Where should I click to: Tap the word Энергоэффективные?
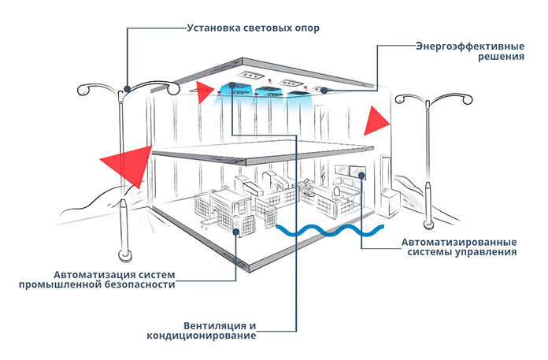[470, 46]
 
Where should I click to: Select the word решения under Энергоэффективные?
[502, 57]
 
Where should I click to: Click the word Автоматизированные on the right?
[459, 242]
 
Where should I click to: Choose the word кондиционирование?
[202, 336]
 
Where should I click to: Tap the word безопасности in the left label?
[140, 284]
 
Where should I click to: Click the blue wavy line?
[330, 230]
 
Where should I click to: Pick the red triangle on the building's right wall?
[376, 121]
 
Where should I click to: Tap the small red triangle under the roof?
[204, 92]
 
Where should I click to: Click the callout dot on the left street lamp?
[128, 89]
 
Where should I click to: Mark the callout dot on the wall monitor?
[361, 176]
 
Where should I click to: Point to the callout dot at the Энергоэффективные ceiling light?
[324, 91]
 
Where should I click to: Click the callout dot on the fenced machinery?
[236, 232]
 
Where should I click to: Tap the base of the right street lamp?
[428, 225]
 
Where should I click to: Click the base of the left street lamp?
[124, 256]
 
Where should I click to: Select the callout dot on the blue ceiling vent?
[232, 85]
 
